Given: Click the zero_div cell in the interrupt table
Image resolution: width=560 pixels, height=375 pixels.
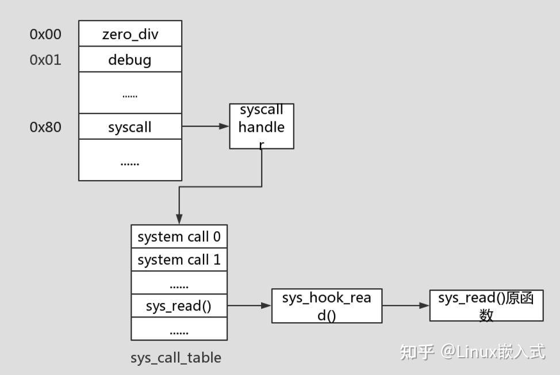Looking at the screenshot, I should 130,34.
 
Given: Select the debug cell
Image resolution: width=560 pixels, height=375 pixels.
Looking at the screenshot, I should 130,59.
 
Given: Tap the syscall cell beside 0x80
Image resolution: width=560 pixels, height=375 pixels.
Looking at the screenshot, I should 130,127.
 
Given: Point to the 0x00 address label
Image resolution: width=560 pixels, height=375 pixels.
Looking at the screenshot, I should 45,35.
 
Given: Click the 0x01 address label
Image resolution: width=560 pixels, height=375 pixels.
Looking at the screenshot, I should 45,60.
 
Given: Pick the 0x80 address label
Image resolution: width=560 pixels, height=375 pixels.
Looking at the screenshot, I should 45,127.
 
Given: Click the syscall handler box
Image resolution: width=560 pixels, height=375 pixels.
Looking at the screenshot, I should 262,126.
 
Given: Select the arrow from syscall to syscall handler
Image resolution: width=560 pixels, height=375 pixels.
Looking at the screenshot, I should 205,126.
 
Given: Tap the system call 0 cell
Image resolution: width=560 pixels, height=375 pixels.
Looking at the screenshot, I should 179,236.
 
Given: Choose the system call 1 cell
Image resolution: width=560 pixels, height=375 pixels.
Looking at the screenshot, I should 179,259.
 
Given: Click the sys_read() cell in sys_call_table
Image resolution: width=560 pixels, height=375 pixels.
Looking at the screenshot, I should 179,305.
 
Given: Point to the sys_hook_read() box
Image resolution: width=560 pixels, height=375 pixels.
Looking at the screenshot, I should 327,305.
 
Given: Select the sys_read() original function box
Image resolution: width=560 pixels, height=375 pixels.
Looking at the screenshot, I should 486,305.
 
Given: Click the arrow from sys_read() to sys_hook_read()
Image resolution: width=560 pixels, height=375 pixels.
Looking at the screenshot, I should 250,305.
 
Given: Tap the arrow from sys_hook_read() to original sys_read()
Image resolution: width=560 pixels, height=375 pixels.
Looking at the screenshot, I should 405,305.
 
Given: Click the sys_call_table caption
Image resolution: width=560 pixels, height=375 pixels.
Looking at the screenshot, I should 175,357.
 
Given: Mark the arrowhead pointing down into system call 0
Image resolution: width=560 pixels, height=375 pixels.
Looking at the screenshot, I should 179,219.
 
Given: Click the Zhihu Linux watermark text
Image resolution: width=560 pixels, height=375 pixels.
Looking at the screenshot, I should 472,351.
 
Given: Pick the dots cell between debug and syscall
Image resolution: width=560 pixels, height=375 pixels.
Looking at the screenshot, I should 130,93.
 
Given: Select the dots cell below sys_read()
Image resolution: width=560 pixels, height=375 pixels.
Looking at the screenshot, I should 179,329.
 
